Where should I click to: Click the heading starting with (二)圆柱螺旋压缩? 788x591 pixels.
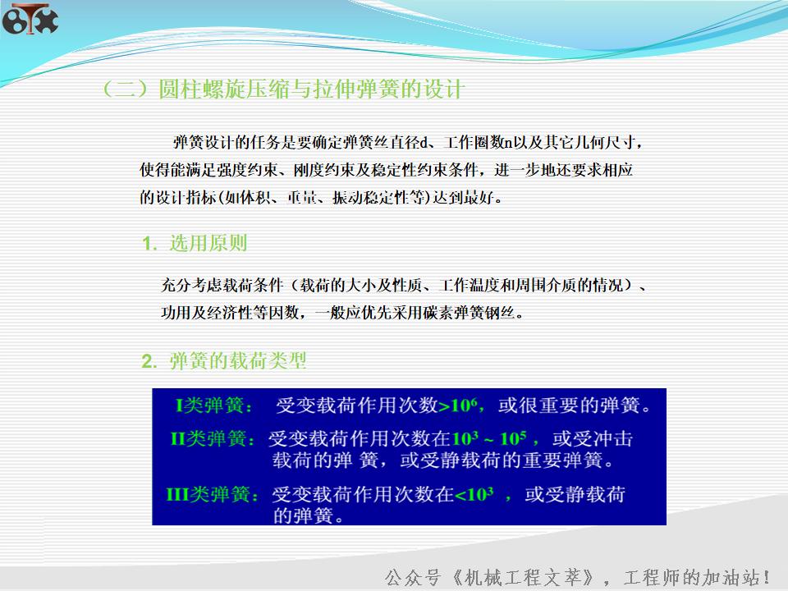pyautogui.click(x=282, y=89)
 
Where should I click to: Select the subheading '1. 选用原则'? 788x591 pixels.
pyautogui.click(x=195, y=244)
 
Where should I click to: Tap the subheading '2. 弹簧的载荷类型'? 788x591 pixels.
pyautogui.click(x=224, y=361)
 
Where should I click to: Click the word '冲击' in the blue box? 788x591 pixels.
pyautogui.click(x=616, y=439)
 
